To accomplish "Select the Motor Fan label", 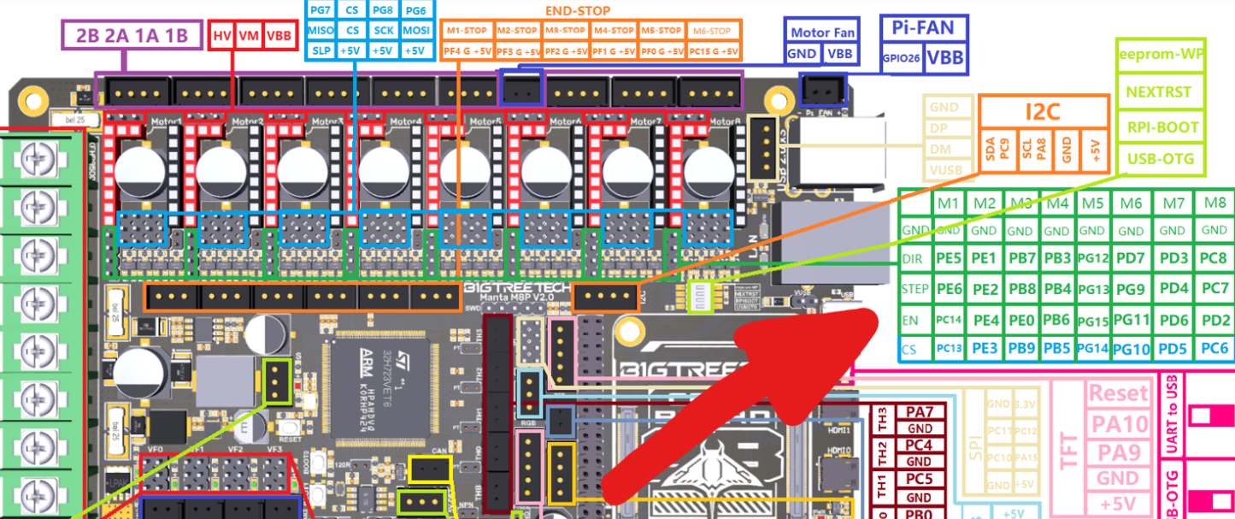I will coord(822,32).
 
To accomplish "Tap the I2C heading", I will coord(1044,111).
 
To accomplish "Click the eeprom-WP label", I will coord(1161,53).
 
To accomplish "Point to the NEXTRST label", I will coord(1161,91).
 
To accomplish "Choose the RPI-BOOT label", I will coord(1161,127).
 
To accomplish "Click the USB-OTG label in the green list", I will coord(1161,158).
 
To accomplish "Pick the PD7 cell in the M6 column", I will coord(1130,258).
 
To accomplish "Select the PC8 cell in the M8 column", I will coord(1214,258).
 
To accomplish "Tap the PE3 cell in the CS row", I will coord(985,347).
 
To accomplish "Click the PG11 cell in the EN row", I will coord(1130,320).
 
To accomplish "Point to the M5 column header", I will coord(1092,203).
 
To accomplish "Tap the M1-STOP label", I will coord(467,31).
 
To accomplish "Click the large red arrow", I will coord(735,402).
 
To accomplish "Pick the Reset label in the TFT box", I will coord(1118,393).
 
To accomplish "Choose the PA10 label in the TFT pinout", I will coord(1118,422).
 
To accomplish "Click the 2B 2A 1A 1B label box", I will coord(132,36).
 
